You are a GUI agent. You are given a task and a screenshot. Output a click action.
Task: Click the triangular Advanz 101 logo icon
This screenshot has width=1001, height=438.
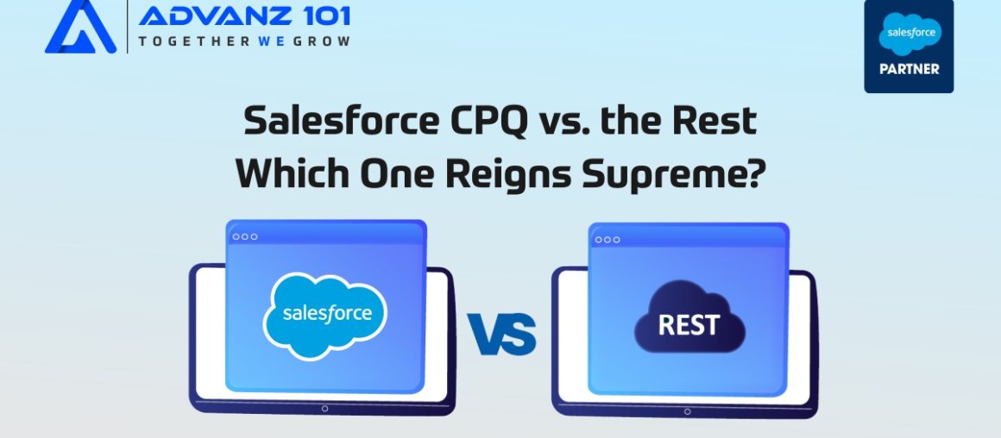pos(80,28)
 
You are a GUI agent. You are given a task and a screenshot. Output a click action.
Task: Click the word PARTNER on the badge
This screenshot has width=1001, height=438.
pos(909,68)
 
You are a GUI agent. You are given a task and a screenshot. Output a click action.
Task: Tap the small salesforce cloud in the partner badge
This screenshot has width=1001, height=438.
pos(909,34)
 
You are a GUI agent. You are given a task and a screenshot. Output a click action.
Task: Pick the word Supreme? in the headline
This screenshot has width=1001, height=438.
pos(677,173)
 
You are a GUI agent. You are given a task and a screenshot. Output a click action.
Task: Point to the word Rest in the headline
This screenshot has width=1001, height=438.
pos(717,122)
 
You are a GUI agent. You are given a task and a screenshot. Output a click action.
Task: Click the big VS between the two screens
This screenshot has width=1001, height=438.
pos(501,335)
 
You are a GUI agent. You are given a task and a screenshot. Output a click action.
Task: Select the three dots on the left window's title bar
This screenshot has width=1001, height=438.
pos(245,236)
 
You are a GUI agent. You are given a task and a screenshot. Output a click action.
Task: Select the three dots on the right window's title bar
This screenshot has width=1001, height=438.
pos(608,239)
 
